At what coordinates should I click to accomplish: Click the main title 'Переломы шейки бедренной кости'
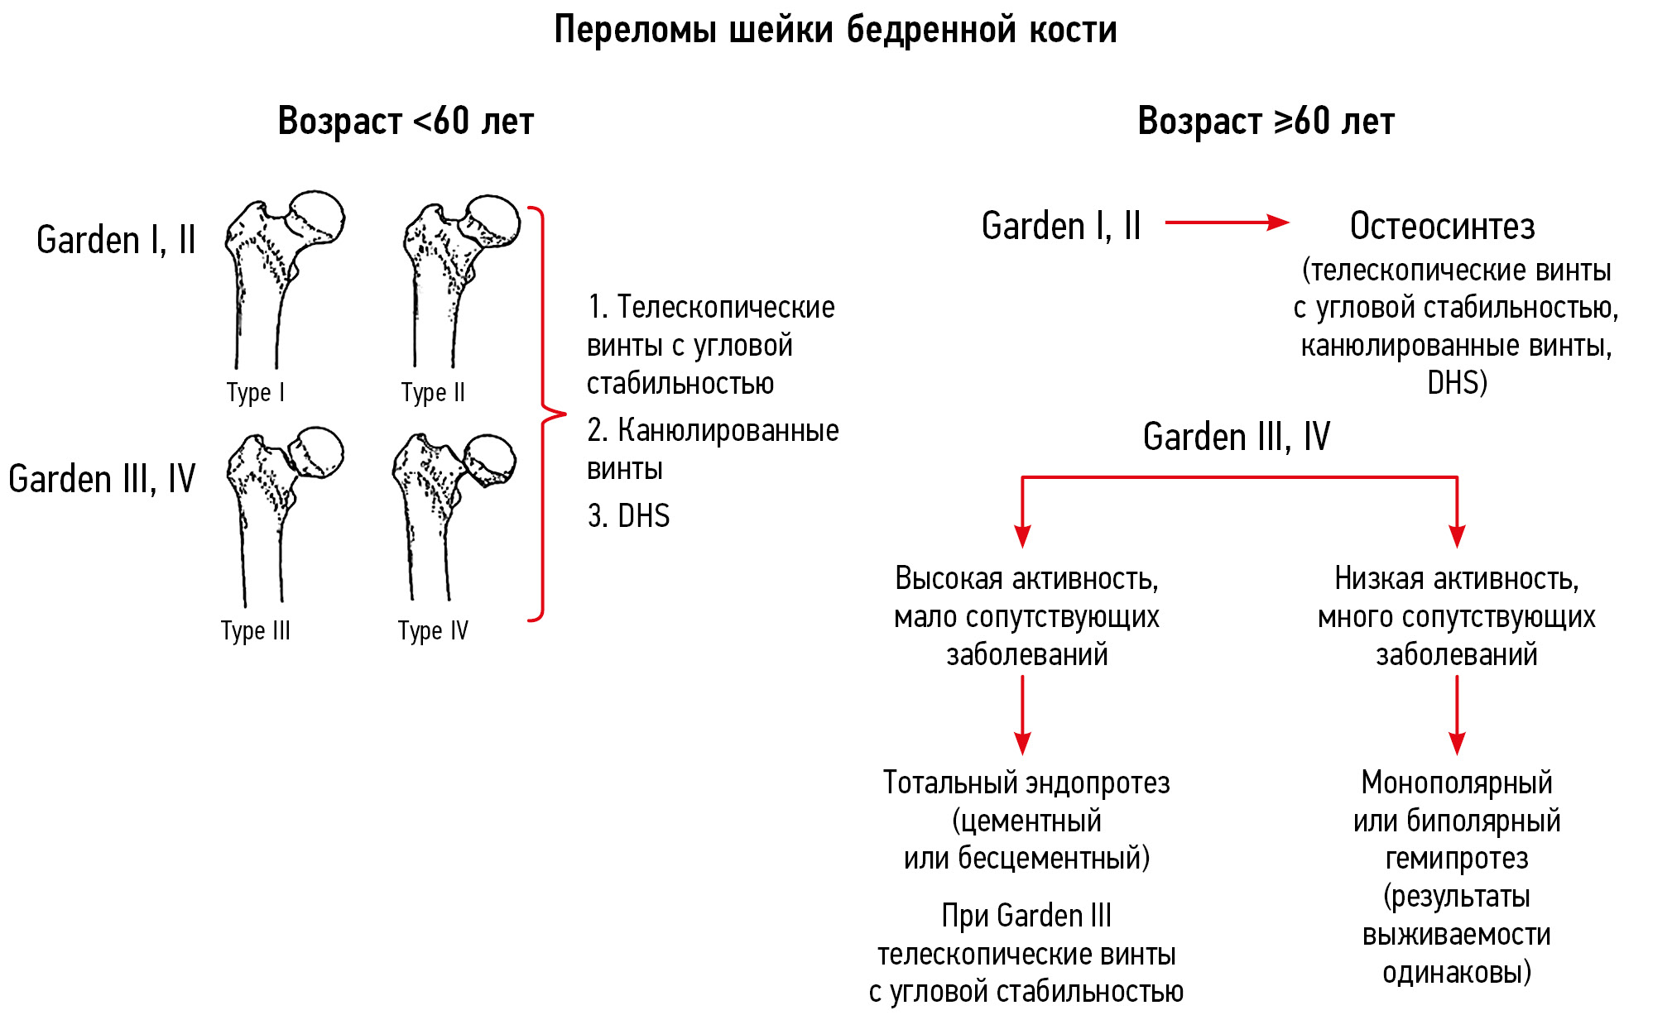point(835,31)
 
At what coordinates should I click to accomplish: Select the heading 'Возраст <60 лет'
point(406,122)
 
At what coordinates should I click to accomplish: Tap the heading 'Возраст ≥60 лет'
point(1266,122)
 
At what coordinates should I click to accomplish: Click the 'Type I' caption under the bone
point(256,392)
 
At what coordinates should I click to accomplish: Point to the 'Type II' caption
point(433,392)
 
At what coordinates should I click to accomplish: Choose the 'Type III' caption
point(256,630)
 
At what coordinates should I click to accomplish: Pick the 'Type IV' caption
point(433,630)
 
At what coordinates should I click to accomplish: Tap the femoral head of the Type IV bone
point(491,459)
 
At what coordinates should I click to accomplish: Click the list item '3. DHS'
point(628,516)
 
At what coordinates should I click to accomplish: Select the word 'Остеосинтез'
point(1442,227)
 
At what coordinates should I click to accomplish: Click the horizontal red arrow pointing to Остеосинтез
point(1226,223)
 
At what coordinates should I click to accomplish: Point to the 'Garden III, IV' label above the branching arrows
point(1236,437)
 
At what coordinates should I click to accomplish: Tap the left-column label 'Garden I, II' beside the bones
point(116,241)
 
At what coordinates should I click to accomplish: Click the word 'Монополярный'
point(1457,783)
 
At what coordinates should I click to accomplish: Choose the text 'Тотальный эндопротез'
point(1026,783)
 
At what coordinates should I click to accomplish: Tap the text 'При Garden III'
point(1026,917)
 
